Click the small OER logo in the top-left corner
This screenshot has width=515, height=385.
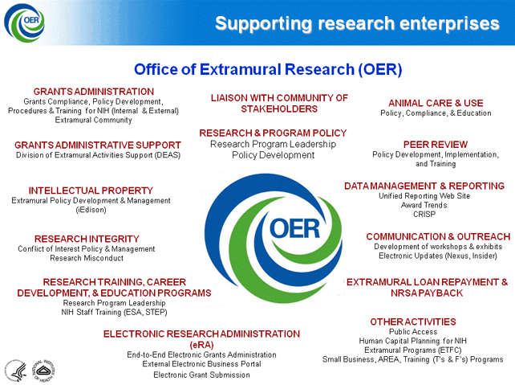pos(24,23)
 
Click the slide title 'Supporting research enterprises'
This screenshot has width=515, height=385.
pos(357,24)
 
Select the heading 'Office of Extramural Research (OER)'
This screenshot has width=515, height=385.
pos(268,69)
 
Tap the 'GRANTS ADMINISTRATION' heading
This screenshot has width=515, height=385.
pos(94,92)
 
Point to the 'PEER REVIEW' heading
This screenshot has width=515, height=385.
pos(436,145)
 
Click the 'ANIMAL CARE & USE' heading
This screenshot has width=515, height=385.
pos(436,103)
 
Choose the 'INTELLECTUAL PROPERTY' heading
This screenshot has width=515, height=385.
pos(91,190)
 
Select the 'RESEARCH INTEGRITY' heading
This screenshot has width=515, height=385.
pos(87,239)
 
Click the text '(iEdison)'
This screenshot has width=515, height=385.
pos(91,210)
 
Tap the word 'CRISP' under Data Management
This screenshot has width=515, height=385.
pos(424,215)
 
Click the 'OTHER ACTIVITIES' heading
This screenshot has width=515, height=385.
pos(413,322)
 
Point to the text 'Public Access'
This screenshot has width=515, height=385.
pos(413,332)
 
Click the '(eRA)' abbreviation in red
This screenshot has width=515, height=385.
pos(201,345)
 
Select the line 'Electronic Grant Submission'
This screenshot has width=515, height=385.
pos(201,375)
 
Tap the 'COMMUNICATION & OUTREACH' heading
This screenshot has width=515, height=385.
pos(438,236)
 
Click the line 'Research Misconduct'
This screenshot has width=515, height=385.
pos(87,258)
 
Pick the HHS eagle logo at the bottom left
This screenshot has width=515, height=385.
pos(16,371)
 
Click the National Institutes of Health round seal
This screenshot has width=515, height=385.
pos(43,371)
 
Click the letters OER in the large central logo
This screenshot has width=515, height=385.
pos(294,229)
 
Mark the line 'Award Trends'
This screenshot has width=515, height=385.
pos(424,205)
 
